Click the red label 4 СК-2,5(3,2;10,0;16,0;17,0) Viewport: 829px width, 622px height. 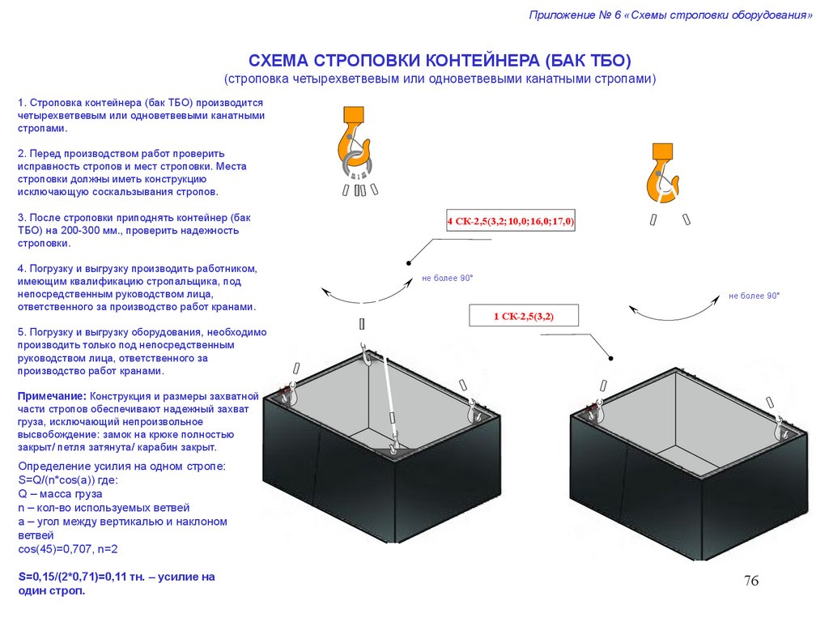[x=511, y=221]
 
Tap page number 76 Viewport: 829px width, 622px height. [x=750, y=581]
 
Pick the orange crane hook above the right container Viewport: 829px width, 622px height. [x=662, y=173]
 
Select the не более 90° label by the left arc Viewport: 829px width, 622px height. [x=447, y=279]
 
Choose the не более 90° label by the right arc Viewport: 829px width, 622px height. [x=754, y=296]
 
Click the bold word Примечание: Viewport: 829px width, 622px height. [x=52, y=396]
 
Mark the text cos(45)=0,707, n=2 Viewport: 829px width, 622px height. [x=68, y=549]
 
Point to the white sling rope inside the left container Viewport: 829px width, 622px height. [x=389, y=395]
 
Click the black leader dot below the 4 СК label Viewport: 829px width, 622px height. [x=409, y=263]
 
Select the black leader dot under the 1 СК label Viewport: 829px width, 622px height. [x=610, y=358]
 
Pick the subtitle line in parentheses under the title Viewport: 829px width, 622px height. [x=440, y=79]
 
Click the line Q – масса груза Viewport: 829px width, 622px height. [x=60, y=494]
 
